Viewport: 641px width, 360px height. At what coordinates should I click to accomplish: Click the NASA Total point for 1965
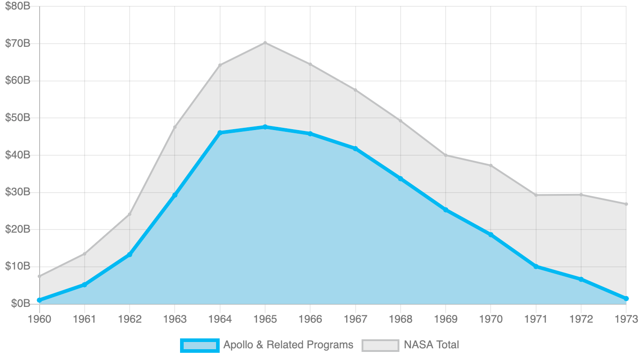[265, 43]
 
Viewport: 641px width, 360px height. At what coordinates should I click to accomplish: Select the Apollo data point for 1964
[220, 133]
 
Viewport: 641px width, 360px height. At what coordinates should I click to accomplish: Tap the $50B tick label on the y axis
[18, 118]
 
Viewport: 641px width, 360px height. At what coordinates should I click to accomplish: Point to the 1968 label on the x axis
[401, 319]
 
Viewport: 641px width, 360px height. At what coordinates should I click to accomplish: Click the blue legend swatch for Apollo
[199, 345]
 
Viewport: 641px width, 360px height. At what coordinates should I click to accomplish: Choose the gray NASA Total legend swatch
[380, 345]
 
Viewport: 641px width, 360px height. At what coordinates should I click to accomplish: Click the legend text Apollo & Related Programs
[288, 345]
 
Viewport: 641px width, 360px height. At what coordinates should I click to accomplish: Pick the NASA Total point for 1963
[175, 127]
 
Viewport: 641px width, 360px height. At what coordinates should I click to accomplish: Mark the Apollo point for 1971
[536, 266]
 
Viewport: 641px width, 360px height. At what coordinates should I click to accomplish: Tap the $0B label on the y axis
[20, 304]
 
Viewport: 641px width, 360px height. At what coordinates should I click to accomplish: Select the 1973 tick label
[626, 319]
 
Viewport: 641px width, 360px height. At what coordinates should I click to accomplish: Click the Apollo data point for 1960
[40, 300]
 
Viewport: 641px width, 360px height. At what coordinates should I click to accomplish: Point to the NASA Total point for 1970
[491, 166]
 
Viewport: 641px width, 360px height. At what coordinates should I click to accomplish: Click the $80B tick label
[18, 6]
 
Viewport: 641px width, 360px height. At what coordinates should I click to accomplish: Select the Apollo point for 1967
[356, 148]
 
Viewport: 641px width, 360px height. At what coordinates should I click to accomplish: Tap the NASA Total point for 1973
[626, 204]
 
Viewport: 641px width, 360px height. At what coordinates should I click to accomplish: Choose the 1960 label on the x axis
[40, 319]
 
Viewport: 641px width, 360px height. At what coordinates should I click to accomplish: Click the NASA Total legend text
[431, 345]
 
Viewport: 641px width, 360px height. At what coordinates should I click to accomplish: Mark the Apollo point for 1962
[130, 255]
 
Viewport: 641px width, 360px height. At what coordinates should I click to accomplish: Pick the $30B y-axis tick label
[18, 192]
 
